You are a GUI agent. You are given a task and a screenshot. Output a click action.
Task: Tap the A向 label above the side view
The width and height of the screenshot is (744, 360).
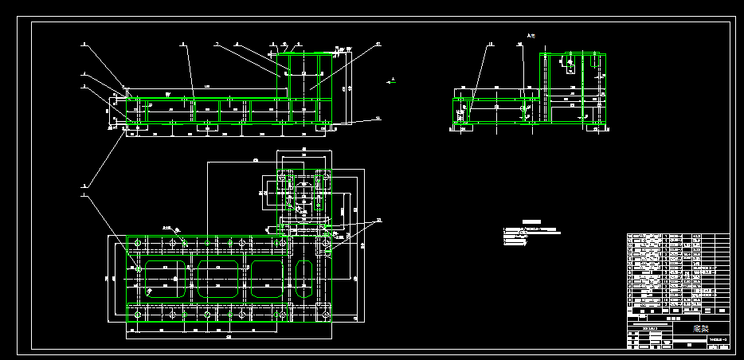pyautogui.click(x=533, y=35)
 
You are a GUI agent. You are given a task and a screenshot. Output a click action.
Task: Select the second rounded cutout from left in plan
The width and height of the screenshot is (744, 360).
pyautogui.click(x=218, y=279)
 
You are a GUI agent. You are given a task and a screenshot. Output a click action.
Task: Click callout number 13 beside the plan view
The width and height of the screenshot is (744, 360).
pyautogui.click(x=379, y=220)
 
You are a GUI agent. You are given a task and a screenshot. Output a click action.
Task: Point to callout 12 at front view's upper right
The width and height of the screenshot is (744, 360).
pyautogui.click(x=378, y=45)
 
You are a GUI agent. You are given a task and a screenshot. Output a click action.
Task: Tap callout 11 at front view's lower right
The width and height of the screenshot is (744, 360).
pyautogui.click(x=378, y=118)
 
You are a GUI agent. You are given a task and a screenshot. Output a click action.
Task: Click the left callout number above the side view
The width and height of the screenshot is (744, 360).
pyautogui.click(x=491, y=45)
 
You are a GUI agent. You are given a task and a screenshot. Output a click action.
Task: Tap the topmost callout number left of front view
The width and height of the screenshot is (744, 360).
pyautogui.click(x=84, y=45)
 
